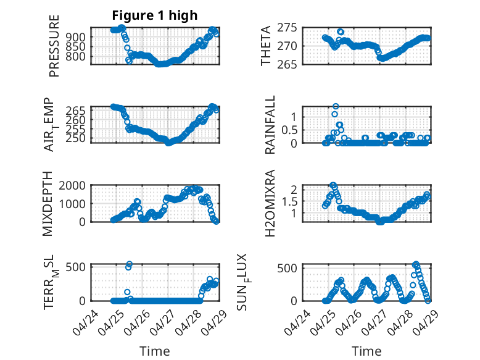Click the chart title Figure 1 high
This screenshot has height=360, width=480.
155,15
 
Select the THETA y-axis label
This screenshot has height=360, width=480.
266,46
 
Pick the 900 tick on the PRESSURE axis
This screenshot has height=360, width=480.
77,37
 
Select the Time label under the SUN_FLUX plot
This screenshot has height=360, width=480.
366,351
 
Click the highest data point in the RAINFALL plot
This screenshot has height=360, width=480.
336,106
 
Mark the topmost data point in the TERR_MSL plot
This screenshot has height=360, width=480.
130,264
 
